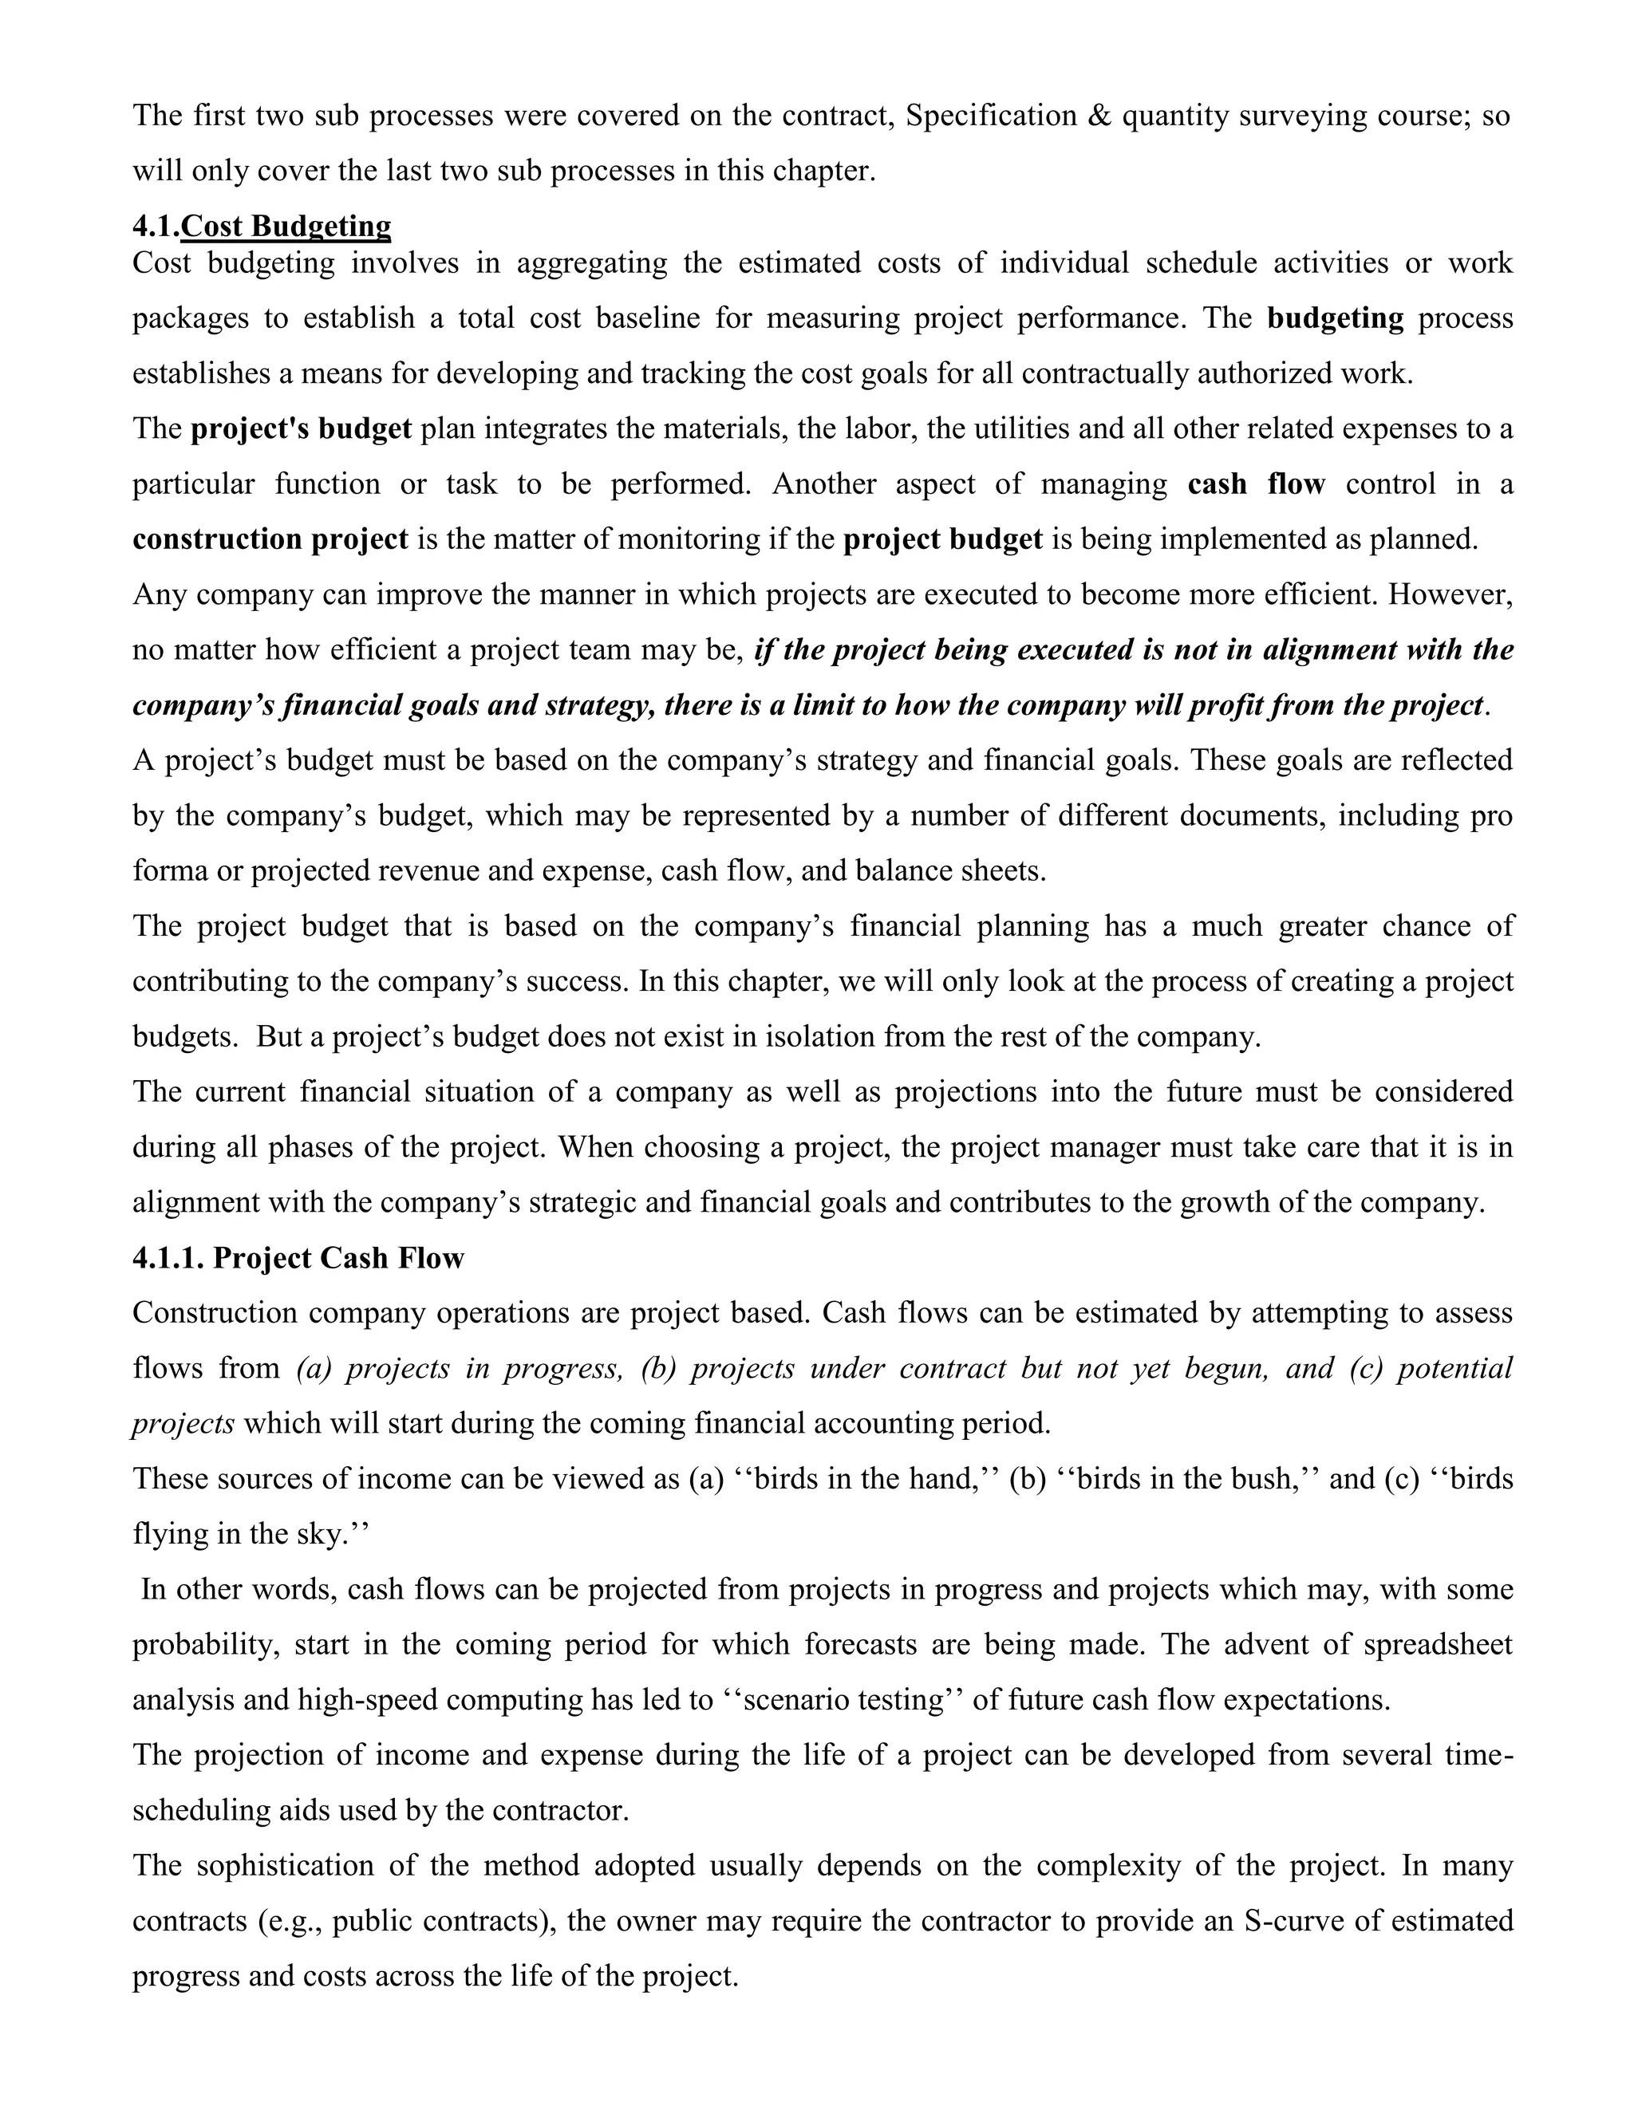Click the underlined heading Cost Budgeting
tap(286, 227)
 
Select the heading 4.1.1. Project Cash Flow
tap(298, 1258)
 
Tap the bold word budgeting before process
tap(1335, 318)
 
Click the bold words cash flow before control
tap(1256, 484)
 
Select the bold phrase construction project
tap(270, 539)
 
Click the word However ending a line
tap(1449, 594)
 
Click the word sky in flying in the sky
tap(319, 1535)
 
